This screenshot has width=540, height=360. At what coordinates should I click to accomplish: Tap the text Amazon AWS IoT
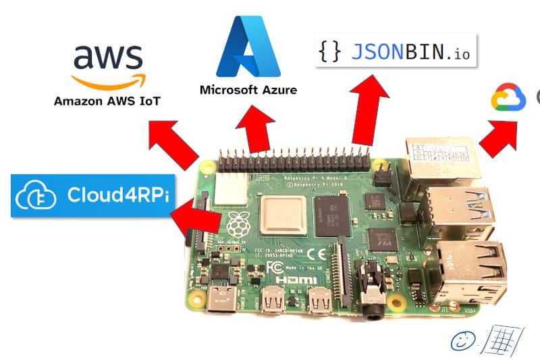(107, 101)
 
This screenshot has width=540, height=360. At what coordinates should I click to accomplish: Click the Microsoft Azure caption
(248, 89)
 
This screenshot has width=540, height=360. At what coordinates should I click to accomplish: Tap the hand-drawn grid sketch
(500, 337)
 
